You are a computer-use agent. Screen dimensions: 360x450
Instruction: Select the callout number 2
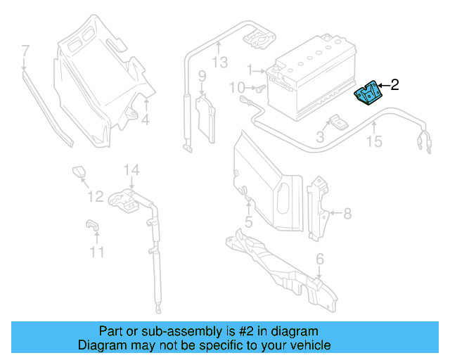point(394,85)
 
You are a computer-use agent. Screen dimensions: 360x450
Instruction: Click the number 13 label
point(220,62)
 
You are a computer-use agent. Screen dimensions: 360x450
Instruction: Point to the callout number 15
point(374,142)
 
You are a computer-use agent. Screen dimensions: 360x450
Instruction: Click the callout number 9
point(201,76)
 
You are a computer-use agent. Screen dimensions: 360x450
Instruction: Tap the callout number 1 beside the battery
point(249,70)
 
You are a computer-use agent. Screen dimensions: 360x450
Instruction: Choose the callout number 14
point(132,169)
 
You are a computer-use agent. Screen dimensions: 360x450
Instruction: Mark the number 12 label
point(95,196)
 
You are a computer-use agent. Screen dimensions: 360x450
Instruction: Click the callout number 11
point(96,251)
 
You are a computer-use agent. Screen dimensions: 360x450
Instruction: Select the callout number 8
point(346,212)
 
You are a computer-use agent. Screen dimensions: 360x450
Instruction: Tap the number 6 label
point(320,259)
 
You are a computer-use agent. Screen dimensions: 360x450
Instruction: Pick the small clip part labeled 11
point(91,224)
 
